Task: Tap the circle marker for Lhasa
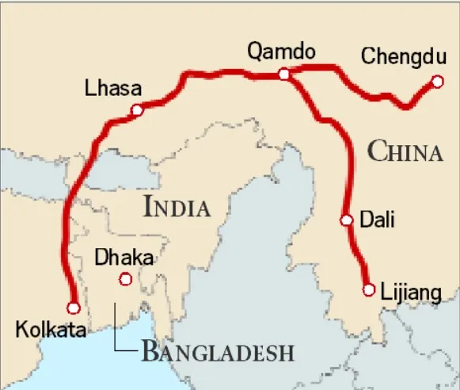(137, 111)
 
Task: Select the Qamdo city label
(282, 52)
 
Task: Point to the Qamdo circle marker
(283, 74)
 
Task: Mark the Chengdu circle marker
(436, 81)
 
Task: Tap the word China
(405, 152)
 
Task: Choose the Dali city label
(378, 220)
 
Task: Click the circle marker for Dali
(346, 221)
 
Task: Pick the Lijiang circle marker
(368, 290)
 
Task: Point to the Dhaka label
(124, 258)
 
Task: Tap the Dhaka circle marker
(124, 278)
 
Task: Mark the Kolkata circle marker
(74, 308)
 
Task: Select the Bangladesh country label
(217, 351)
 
